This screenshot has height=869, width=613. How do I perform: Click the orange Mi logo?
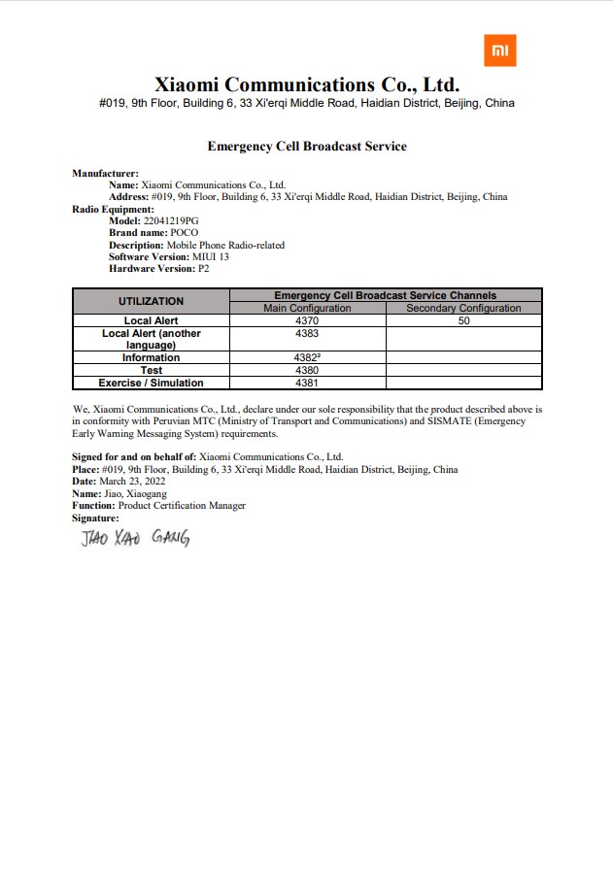coord(499,50)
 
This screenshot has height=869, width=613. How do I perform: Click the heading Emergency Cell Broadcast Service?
coord(307,146)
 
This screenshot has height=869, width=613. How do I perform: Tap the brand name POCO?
coord(185,233)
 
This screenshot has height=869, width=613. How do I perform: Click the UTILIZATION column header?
coord(151,301)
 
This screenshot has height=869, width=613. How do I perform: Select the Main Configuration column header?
coord(307,308)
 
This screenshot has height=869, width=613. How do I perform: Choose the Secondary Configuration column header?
coord(463,308)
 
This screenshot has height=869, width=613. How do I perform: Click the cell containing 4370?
coord(307,320)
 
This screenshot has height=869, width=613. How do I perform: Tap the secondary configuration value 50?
coord(463,320)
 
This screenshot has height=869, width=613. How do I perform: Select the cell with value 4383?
coord(307,333)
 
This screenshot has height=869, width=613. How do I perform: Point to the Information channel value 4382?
coord(307,357)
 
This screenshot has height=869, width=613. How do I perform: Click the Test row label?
coord(151,370)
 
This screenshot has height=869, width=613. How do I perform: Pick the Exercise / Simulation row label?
coord(151,383)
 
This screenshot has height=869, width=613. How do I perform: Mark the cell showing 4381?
coord(307,383)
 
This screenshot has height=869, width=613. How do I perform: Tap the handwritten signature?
coord(135,537)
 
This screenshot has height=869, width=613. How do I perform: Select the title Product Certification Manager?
coord(182,506)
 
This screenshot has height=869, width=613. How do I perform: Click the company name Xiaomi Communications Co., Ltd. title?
coord(307,84)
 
